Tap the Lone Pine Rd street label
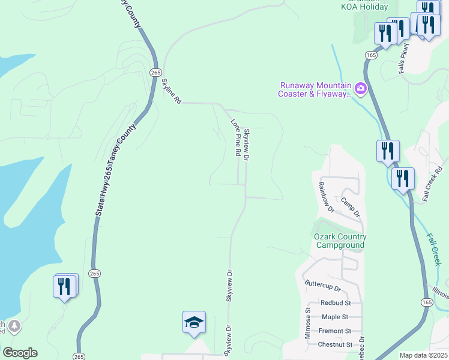[x=236, y=138]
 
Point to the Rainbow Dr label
[x=326, y=197]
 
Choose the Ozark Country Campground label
[x=340, y=241]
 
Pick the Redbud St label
[x=335, y=303]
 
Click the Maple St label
[x=335, y=317]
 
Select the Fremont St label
[x=335, y=331]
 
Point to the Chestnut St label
[x=335, y=344]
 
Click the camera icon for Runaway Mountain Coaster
[x=361, y=89]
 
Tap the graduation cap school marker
[x=194, y=323]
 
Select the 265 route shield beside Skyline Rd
[x=155, y=72]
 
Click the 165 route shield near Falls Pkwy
[x=370, y=55]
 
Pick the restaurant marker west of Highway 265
[x=65, y=286]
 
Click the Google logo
[x=20, y=353]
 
